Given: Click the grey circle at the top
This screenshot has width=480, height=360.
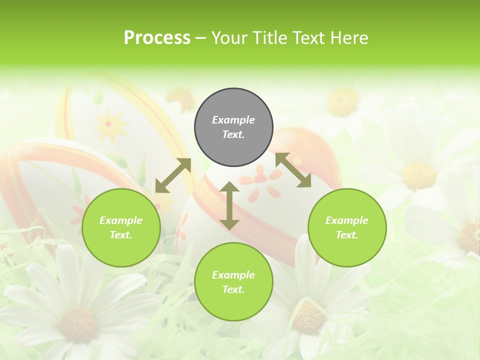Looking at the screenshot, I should (233, 127).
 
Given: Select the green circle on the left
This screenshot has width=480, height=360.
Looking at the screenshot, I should (121, 228).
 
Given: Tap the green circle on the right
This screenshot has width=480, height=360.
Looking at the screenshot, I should (347, 228).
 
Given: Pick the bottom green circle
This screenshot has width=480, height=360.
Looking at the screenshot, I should (233, 282).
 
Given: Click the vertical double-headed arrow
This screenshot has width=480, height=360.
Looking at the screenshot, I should (229, 205).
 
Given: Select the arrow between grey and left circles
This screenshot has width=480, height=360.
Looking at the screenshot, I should (173, 175).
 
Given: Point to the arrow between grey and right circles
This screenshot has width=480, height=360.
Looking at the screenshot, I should (293, 170).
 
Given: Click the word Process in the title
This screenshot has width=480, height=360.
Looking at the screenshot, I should (157, 37).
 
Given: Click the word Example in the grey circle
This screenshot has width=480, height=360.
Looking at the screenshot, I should (233, 120).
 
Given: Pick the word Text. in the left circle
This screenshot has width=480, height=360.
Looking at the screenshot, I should (121, 235).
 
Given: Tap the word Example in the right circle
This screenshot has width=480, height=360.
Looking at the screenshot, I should (347, 220).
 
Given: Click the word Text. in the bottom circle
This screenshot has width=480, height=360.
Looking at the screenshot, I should (233, 289).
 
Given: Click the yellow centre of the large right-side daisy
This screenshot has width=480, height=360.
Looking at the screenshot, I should (419, 175).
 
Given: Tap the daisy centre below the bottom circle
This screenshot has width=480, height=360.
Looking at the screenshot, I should (308, 317).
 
